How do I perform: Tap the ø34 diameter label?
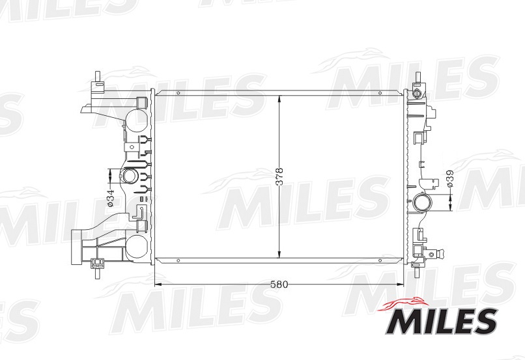point(111,195)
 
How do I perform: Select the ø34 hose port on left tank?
point(130,176)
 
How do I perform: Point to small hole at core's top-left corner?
point(177,94)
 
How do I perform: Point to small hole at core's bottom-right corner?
point(379,260)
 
